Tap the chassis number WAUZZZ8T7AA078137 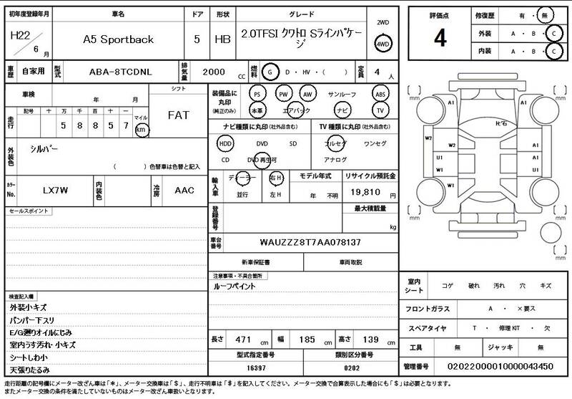(x=310, y=242)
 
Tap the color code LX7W (x=54, y=191)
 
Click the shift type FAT (x=178, y=115)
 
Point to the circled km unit (x=142, y=130)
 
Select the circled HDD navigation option (x=225, y=143)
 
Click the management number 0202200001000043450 (x=498, y=367)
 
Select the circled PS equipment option (x=257, y=94)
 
